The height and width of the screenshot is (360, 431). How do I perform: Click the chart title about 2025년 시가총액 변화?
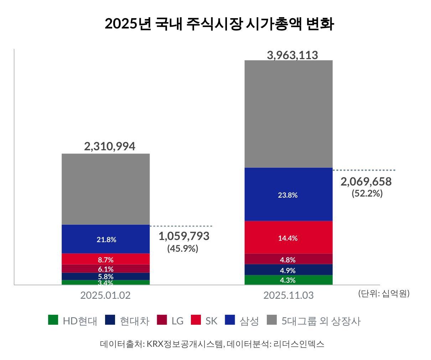219,24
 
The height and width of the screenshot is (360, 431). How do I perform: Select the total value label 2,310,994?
109,146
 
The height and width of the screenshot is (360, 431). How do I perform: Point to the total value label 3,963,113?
292,55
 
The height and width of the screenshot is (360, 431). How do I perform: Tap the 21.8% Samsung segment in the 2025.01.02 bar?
106,239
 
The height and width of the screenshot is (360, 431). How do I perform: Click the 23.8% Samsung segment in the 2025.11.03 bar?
288,194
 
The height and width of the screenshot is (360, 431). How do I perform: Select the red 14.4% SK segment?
288,238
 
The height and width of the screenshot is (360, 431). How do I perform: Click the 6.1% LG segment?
106,268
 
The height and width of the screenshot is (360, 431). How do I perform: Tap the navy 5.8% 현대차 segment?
106,276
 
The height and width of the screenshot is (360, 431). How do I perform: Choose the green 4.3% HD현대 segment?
288,280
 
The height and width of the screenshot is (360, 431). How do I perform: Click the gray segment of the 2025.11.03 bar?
288,114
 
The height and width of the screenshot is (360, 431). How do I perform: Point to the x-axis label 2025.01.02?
105,295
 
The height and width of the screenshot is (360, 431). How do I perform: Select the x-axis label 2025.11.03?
288,295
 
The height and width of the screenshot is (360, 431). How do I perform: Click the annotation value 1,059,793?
183,236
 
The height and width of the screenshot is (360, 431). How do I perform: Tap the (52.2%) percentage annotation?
367,193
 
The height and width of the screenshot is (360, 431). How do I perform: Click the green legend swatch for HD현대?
53,320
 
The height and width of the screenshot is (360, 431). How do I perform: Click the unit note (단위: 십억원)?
384,293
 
